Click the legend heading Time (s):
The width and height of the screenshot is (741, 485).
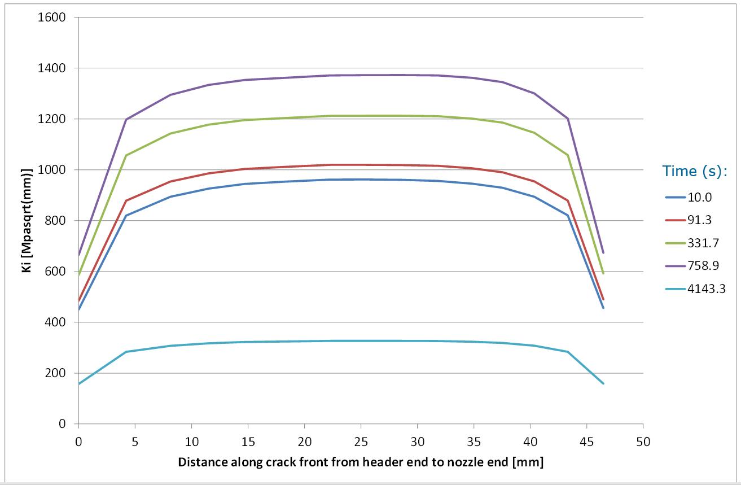[695, 171]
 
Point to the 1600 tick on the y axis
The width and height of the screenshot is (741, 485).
[52, 17]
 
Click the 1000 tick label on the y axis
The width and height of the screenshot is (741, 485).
[52, 169]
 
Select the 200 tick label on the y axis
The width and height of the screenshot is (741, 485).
[56, 373]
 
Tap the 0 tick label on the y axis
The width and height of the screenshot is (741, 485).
[62, 424]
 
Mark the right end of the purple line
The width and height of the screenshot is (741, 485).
[603, 252]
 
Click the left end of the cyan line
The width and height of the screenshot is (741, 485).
[79, 384]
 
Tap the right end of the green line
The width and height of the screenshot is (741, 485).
[603, 274]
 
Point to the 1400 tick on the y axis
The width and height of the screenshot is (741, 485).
[52, 68]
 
